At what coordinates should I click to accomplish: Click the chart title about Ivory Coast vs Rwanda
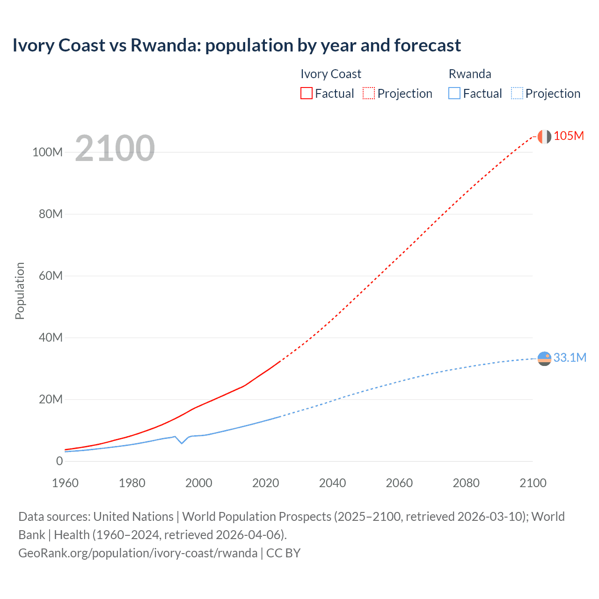click(x=236, y=45)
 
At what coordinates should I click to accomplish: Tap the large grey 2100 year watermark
click(x=115, y=148)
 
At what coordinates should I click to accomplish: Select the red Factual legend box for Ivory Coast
click(x=306, y=93)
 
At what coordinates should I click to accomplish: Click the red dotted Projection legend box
click(x=369, y=93)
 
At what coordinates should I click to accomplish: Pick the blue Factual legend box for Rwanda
click(x=454, y=93)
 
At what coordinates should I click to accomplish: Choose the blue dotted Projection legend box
click(x=517, y=93)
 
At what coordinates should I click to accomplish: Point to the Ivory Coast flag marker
click(x=544, y=137)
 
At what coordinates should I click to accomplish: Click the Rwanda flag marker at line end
click(x=544, y=358)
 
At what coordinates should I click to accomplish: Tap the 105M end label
click(x=569, y=136)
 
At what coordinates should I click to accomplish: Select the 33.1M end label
click(x=570, y=358)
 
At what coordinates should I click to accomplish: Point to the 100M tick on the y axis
click(x=47, y=153)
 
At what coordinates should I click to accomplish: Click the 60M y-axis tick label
click(x=51, y=276)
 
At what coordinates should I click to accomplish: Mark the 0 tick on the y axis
click(x=59, y=461)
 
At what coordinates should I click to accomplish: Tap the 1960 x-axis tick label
click(x=65, y=483)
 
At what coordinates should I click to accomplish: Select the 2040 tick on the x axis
click(x=332, y=483)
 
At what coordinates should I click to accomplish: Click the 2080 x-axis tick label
click(x=466, y=483)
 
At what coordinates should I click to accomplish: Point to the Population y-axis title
click(x=20, y=291)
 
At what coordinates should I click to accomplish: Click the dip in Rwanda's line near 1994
click(x=182, y=443)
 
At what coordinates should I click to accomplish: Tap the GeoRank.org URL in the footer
click(x=138, y=553)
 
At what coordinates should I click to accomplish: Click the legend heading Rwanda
click(x=470, y=74)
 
